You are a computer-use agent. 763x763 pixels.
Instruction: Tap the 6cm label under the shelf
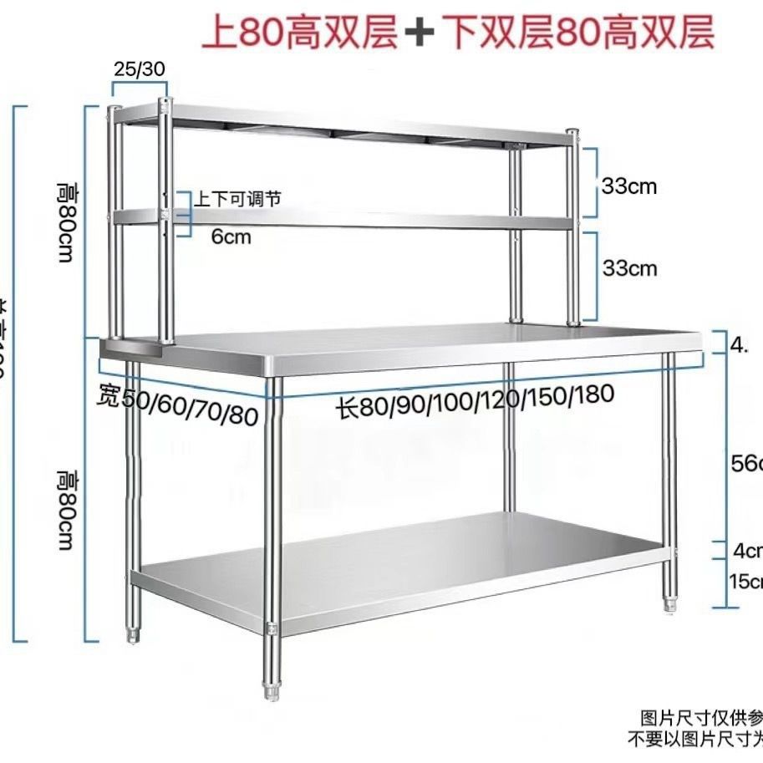point(231,237)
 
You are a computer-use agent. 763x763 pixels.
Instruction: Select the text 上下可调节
point(237,199)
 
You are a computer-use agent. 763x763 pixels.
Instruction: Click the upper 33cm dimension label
point(629,186)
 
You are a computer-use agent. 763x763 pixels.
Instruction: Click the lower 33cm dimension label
point(629,268)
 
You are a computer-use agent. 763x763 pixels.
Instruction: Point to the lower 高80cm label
point(67,510)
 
